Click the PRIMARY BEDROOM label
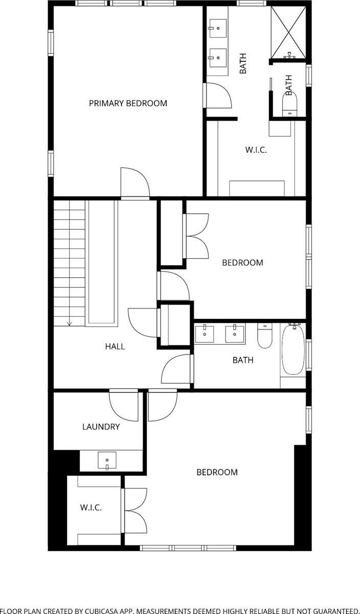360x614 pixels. [x=128, y=103]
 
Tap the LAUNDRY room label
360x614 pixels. [x=101, y=427]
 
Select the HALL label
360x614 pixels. [x=115, y=346]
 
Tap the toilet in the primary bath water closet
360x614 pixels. [x=289, y=105]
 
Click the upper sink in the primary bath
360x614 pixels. [x=219, y=25]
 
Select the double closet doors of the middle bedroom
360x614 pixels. [x=197, y=235]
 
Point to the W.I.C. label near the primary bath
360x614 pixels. [x=256, y=150]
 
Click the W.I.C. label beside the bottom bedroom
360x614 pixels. [x=91, y=508]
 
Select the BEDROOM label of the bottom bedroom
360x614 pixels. [x=217, y=472]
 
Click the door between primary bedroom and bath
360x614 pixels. [x=217, y=96]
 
